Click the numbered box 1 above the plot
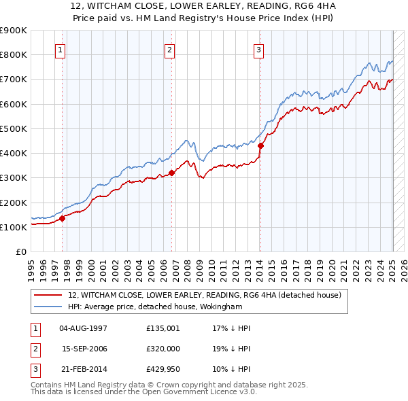pyautogui.click(x=61, y=49)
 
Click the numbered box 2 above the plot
pyautogui.click(x=169, y=49)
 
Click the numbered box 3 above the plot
pyautogui.click(x=259, y=49)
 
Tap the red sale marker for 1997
pyautogui.click(x=62, y=218)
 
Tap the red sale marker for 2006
pyautogui.click(x=171, y=173)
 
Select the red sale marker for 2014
pyautogui.click(x=260, y=145)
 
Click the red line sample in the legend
pyautogui.click(x=48, y=295)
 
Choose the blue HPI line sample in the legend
pyautogui.click(x=48, y=307)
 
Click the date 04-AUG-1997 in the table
pyautogui.click(x=84, y=328)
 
